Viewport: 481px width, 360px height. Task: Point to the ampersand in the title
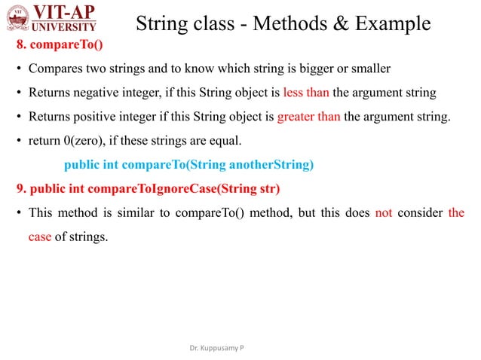click(337, 24)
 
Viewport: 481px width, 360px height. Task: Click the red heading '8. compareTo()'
click(60, 46)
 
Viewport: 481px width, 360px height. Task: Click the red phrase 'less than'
click(306, 93)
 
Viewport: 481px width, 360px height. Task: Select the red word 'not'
click(382, 212)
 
